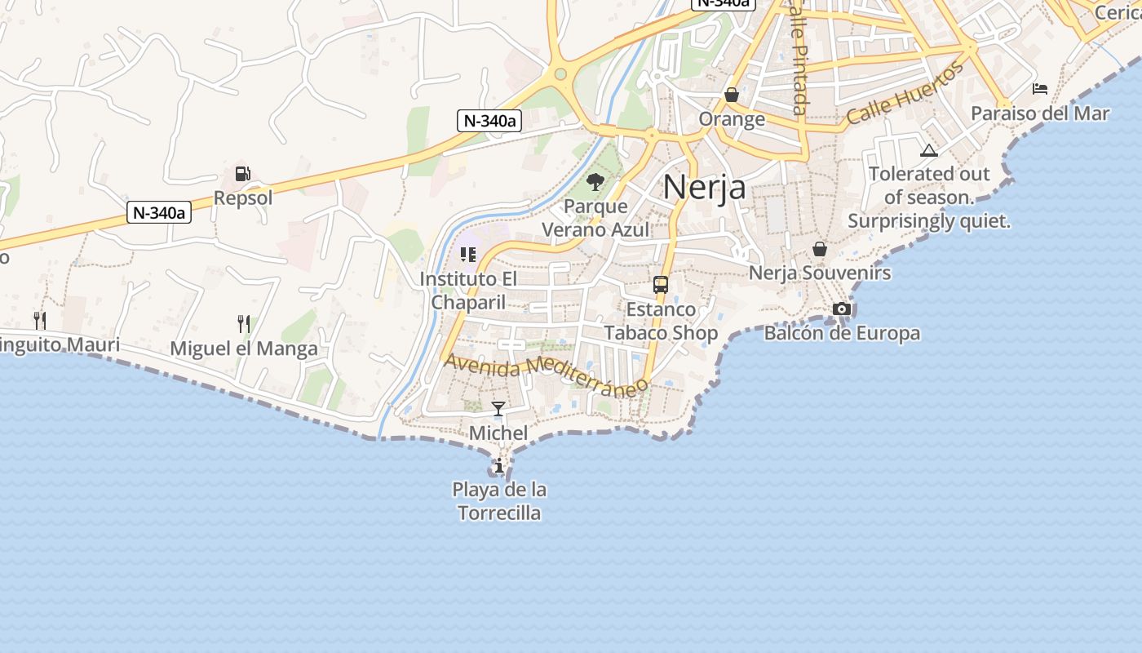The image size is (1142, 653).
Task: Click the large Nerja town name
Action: (x=704, y=187)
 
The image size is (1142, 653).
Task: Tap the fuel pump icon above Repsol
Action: (x=242, y=174)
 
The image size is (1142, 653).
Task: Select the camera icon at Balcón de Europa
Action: (x=842, y=309)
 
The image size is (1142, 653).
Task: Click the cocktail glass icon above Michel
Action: (x=498, y=408)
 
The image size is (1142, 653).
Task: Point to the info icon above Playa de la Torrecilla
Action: (x=499, y=465)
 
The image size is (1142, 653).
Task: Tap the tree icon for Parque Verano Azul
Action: (x=595, y=181)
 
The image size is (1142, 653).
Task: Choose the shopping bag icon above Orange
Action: (x=732, y=95)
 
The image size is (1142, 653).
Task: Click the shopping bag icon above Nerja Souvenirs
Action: (x=820, y=249)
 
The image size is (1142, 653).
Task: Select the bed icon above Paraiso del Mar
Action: (x=1040, y=88)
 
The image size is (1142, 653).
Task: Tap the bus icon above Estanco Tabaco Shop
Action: (x=661, y=285)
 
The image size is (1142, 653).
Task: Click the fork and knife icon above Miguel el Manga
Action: (x=244, y=323)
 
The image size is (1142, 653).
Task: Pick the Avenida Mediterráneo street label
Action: (x=546, y=373)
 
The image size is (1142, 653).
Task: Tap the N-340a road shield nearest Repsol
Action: (x=159, y=213)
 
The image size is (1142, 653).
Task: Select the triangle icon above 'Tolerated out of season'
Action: (x=928, y=150)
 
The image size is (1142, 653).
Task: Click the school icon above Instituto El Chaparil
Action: (x=467, y=255)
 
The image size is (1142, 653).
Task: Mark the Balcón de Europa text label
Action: (x=842, y=333)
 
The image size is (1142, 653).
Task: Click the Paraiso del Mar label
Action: (x=1040, y=113)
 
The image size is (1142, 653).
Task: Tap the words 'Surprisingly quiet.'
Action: (x=929, y=220)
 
